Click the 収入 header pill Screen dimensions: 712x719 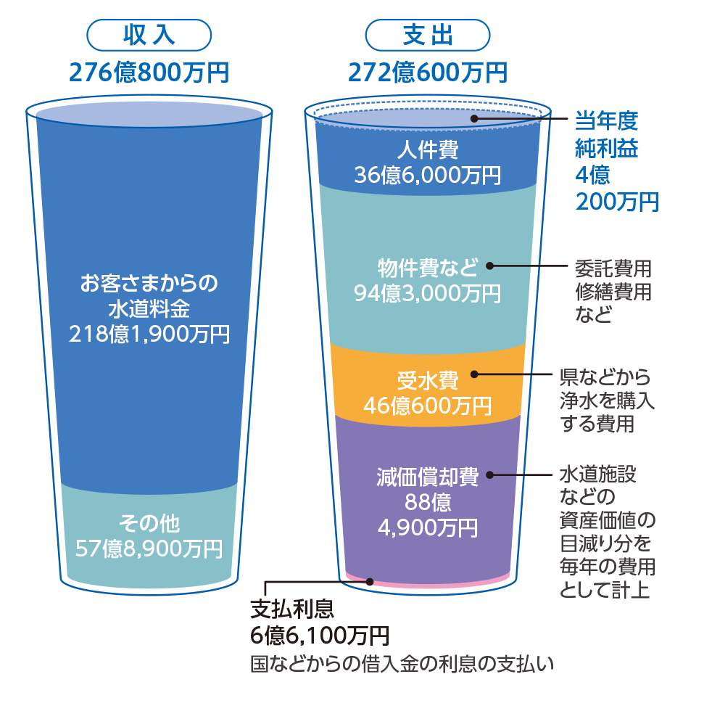click(149, 35)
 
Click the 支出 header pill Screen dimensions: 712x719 click(428, 35)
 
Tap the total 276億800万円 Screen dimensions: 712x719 click(149, 73)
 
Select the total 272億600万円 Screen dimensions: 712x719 click(428, 73)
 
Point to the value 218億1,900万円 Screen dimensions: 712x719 click(149, 334)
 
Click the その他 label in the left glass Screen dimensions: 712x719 click(149, 523)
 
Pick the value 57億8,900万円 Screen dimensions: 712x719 click(149, 549)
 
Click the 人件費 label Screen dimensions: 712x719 click(428, 150)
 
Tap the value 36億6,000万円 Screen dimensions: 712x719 click(428, 175)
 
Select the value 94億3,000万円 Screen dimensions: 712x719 click(428, 293)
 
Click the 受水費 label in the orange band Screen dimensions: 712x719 click(428, 381)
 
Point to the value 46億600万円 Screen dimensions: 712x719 click(428, 406)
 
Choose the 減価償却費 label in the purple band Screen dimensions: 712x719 click(428, 477)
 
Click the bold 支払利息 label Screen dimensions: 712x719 click(292, 609)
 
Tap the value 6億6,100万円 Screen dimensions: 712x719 click(320, 635)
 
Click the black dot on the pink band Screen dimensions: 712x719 click(370, 581)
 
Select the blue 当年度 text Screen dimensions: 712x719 click(607, 121)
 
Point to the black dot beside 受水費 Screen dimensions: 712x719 click(474, 374)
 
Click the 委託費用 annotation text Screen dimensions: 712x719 click(613, 268)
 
